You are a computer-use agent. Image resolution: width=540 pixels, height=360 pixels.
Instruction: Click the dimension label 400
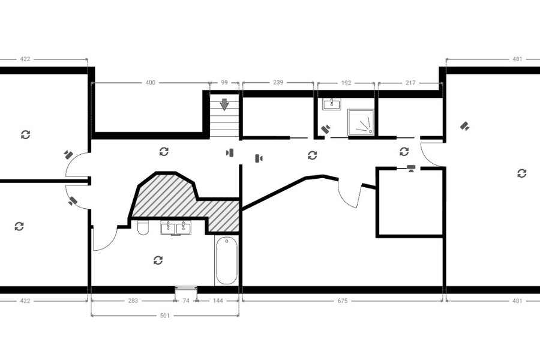[x=151, y=83]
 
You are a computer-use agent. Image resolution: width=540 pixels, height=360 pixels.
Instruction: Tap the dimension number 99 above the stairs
[x=224, y=83]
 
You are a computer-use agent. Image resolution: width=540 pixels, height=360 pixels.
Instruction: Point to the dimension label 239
[x=278, y=82]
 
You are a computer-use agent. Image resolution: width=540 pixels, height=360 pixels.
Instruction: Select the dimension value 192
[x=346, y=83]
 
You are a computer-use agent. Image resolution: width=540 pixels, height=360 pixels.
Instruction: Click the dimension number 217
[x=410, y=83]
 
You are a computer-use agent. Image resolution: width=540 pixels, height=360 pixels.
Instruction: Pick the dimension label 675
[x=343, y=301]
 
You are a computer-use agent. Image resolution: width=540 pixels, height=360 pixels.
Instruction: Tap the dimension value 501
[x=165, y=316]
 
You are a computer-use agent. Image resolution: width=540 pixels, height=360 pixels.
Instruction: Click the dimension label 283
[x=133, y=301]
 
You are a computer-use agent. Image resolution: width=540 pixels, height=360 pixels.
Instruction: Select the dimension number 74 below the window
[x=186, y=301]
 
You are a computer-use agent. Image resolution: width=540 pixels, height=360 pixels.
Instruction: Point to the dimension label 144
[x=218, y=301]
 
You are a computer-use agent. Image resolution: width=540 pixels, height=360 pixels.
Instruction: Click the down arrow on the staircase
[x=224, y=104]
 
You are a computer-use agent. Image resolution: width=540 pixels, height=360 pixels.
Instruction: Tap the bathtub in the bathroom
[x=226, y=260]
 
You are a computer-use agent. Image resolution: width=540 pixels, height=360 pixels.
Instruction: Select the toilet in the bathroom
[x=143, y=227]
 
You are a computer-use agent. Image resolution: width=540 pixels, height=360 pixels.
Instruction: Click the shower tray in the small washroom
[x=361, y=122]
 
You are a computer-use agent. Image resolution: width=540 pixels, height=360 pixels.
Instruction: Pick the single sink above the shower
[x=332, y=104]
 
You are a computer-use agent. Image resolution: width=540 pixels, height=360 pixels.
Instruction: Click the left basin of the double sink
[x=168, y=228]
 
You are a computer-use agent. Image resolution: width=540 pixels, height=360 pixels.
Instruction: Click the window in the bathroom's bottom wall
[x=186, y=289]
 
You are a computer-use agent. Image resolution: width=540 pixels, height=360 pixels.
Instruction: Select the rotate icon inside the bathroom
[x=158, y=260]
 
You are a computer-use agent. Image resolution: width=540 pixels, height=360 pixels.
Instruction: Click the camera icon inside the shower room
[x=326, y=129]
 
